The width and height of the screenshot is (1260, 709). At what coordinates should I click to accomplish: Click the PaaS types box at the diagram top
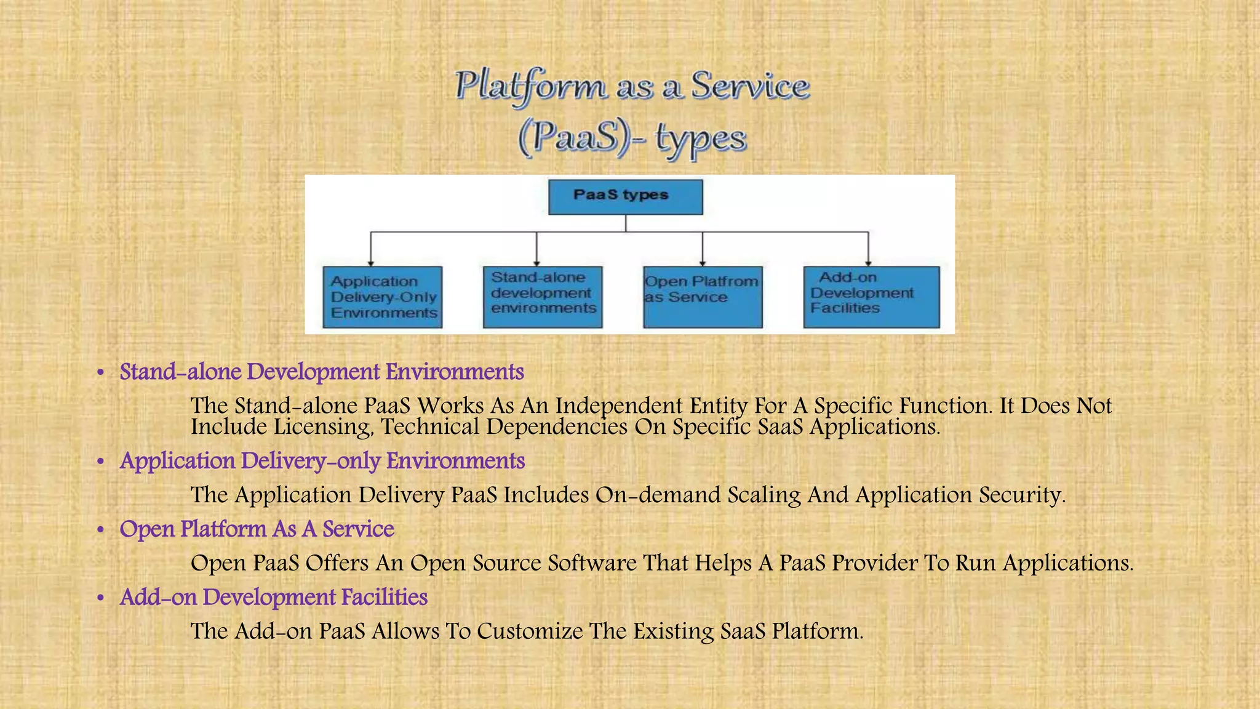[625, 197]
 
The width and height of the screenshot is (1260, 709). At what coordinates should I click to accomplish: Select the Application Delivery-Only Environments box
[383, 297]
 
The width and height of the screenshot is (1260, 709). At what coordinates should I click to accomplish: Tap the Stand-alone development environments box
[543, 297]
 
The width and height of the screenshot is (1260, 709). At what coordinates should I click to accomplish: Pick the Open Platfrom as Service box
[703, 297]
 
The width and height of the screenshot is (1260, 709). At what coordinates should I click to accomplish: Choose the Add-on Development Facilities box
[871, 297]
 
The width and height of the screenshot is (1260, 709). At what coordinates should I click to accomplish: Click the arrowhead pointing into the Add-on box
[868, 263]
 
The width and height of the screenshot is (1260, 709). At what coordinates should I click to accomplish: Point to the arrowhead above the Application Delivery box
[370, 263]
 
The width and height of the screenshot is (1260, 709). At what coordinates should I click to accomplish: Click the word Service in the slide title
[749, 86]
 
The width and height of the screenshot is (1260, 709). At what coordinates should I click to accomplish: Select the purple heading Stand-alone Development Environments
[322, 372]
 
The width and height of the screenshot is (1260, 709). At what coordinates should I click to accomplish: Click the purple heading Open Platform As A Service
[257, 529]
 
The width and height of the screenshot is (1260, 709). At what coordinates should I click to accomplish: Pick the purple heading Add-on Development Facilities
[273, 597]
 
